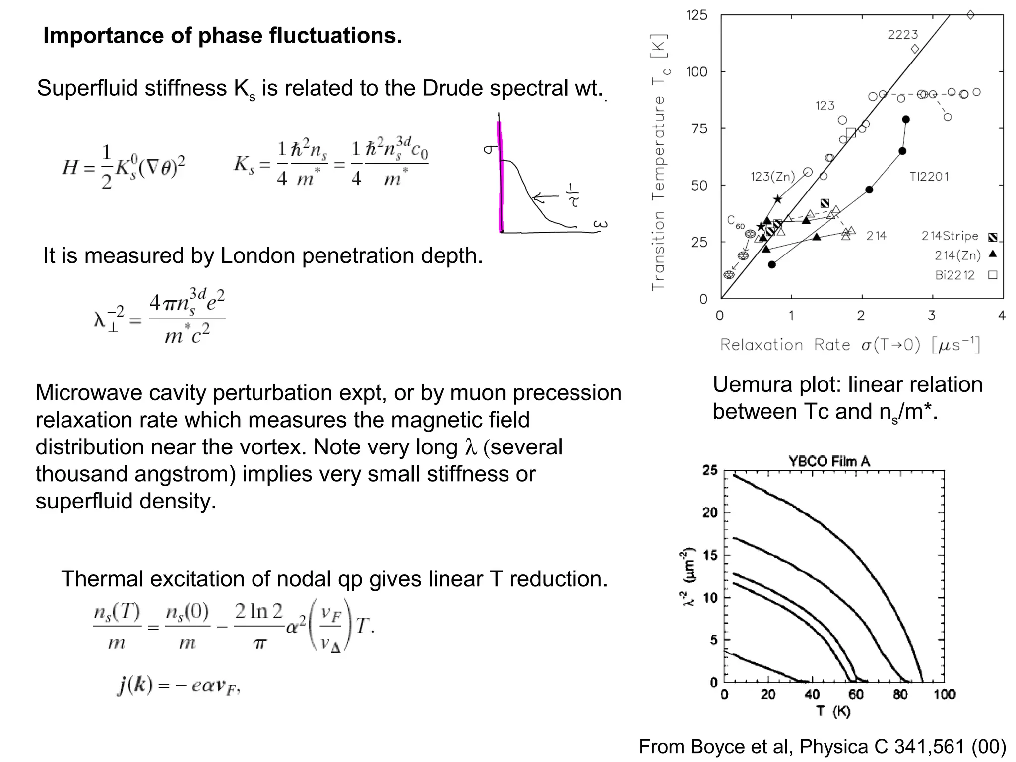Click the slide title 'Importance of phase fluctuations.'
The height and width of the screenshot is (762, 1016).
point(222,36)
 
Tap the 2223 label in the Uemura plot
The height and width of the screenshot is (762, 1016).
point(902,35)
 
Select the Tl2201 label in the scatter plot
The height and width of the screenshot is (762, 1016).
point(929,177)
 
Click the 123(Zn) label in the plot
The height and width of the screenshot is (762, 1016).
point(772,177)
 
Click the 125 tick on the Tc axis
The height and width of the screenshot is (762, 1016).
point(697,15)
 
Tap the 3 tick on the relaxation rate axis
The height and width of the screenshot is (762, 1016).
point(932,316)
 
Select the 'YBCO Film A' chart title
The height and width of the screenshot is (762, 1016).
point(829,461)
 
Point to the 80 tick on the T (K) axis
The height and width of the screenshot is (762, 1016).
point(900,694)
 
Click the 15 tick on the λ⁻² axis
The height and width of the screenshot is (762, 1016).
point(710,555)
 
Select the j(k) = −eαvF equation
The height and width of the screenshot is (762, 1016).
point(179,686)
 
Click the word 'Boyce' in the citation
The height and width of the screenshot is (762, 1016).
point(713,747)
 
